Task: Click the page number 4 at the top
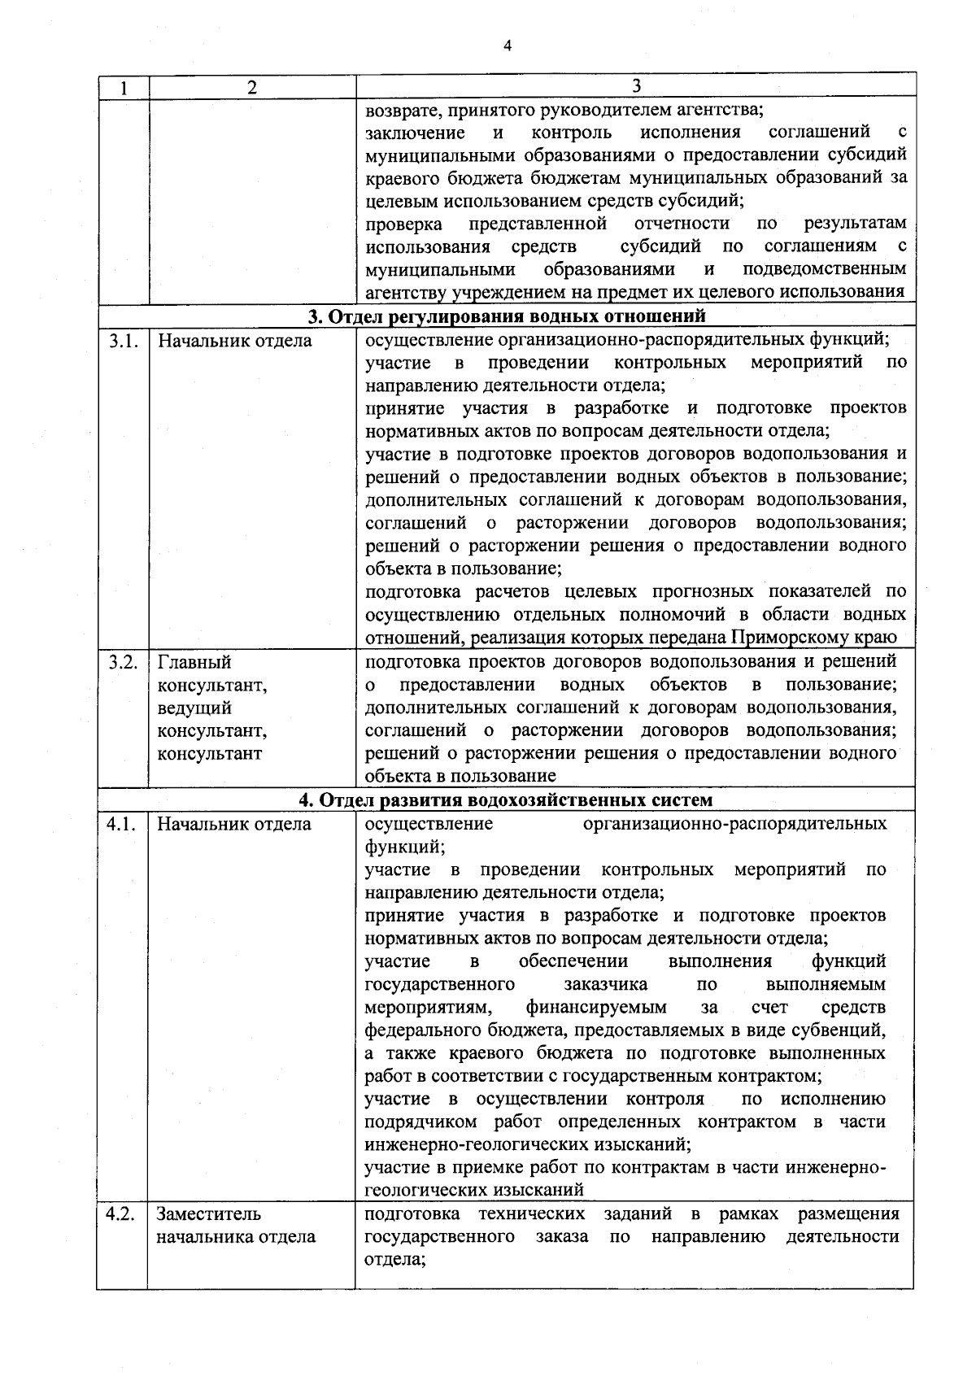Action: pyautogui.click(x=507, y=46)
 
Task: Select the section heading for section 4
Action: pyautogui.click(x=506, y=800)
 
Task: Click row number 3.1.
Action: pyautogui.click(x=122, y=341)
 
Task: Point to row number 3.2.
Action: pyautogui.click(x=122, y=662)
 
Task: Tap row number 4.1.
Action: pyautogui.click(x=122, y=825)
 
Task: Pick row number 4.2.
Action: pyautogui.click(x=122, y=1215)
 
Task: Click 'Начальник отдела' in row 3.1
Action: pyautogui.click(x=234, y=341)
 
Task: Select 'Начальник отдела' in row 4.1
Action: pyautogui.click(x=234, y=825)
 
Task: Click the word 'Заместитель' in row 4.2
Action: pyautogui.click(x=209, y=1215)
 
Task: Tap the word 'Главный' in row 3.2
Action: pyautogui.click(x=194, y=663)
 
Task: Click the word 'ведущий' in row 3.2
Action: pyautogui.click(x=194, y=708)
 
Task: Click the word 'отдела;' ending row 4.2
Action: pyautogui.click(x=395, y=1261)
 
